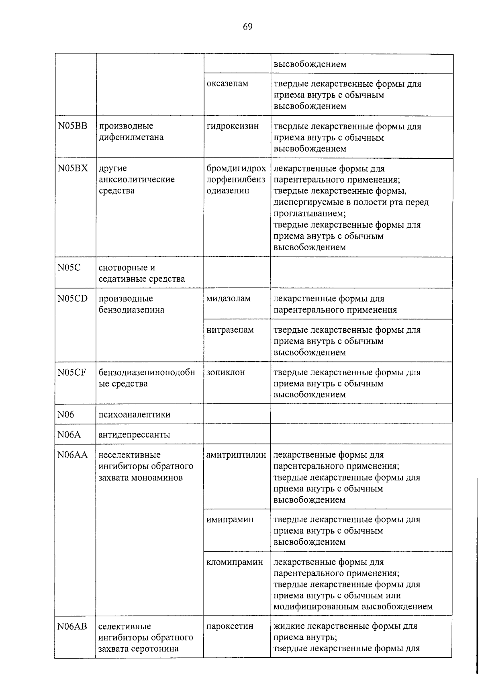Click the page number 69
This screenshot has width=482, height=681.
(247, 27)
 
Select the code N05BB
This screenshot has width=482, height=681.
(72, 126)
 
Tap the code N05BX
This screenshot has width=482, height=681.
(72, 168)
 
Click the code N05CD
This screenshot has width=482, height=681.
(72, 299)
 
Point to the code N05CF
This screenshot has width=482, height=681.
(71, 372)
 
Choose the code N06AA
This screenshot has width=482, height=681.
(72, 455)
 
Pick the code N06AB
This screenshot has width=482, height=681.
(72, 626)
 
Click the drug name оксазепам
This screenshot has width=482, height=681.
(227, 84)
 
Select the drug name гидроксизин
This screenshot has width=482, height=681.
(233, 126)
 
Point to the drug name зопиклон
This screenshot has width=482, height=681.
(225, 372)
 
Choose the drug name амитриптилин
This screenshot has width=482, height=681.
(236, 455)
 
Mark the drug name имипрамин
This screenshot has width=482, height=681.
(230, 519)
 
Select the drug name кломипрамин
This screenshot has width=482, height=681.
(235, 562)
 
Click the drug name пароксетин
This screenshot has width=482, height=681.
(230, 626)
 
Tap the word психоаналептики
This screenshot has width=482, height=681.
(135, 415)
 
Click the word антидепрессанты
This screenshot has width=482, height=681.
(134, 435)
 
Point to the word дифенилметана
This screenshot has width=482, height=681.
(131, 137)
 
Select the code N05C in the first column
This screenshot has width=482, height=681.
(69, 268)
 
